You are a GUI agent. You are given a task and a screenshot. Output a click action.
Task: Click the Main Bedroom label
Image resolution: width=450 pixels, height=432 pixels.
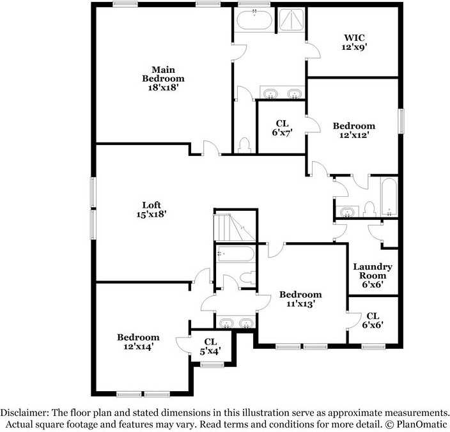pos(163,79)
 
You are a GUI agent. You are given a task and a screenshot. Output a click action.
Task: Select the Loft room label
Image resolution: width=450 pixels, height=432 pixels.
pos(151,210)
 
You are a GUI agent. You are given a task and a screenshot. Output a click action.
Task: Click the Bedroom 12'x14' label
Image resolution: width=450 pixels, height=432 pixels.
pos(138,342)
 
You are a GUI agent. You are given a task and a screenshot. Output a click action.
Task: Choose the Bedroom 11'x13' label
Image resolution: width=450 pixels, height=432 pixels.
pos(300,299)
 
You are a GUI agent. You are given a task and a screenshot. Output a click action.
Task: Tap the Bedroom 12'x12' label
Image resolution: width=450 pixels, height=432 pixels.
pos(353,130)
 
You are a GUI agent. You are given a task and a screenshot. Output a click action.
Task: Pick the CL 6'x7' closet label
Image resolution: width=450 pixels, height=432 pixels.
pos(282,128)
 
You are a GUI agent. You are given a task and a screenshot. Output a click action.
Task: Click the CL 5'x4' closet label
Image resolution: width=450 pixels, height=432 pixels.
pos(210,346)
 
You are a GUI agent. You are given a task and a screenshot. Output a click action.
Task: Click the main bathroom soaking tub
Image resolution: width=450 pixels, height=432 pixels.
pos(254,21)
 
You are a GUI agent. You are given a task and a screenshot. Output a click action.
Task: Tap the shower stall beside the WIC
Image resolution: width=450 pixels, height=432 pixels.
pos(291,21)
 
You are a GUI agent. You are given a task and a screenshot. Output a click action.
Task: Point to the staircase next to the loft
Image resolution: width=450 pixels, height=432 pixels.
pos(233,227)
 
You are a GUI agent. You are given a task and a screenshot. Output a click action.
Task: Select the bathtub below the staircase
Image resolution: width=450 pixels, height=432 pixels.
pos(235,254)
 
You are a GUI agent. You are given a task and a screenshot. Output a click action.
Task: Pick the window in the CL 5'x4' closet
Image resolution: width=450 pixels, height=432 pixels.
pos(211,365)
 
